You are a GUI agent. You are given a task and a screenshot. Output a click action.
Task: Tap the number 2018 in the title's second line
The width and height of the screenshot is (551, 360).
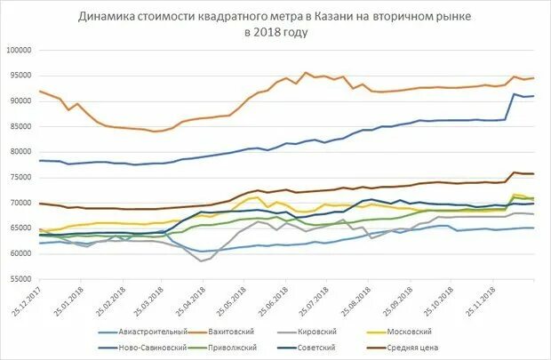coord(268,32)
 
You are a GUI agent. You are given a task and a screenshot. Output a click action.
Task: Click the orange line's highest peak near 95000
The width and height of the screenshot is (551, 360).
coord(306,73)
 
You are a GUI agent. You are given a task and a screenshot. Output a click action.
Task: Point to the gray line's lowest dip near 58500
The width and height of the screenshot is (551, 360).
coord(202,261)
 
